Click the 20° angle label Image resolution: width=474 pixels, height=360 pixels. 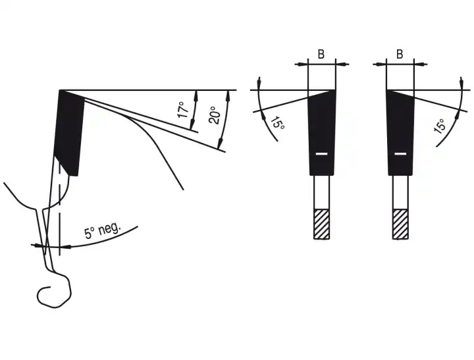point(215,115)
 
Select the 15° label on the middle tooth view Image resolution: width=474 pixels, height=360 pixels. point(277,123)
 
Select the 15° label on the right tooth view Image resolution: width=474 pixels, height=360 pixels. point(440,126)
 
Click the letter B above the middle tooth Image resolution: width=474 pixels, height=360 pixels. point(321,55)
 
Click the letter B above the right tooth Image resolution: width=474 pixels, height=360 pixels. point(400,55)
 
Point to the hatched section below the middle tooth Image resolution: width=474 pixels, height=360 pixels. point(321,224)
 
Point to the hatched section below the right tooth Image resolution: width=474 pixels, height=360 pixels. point(400,224)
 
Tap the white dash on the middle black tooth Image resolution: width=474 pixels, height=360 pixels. point(321,154)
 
